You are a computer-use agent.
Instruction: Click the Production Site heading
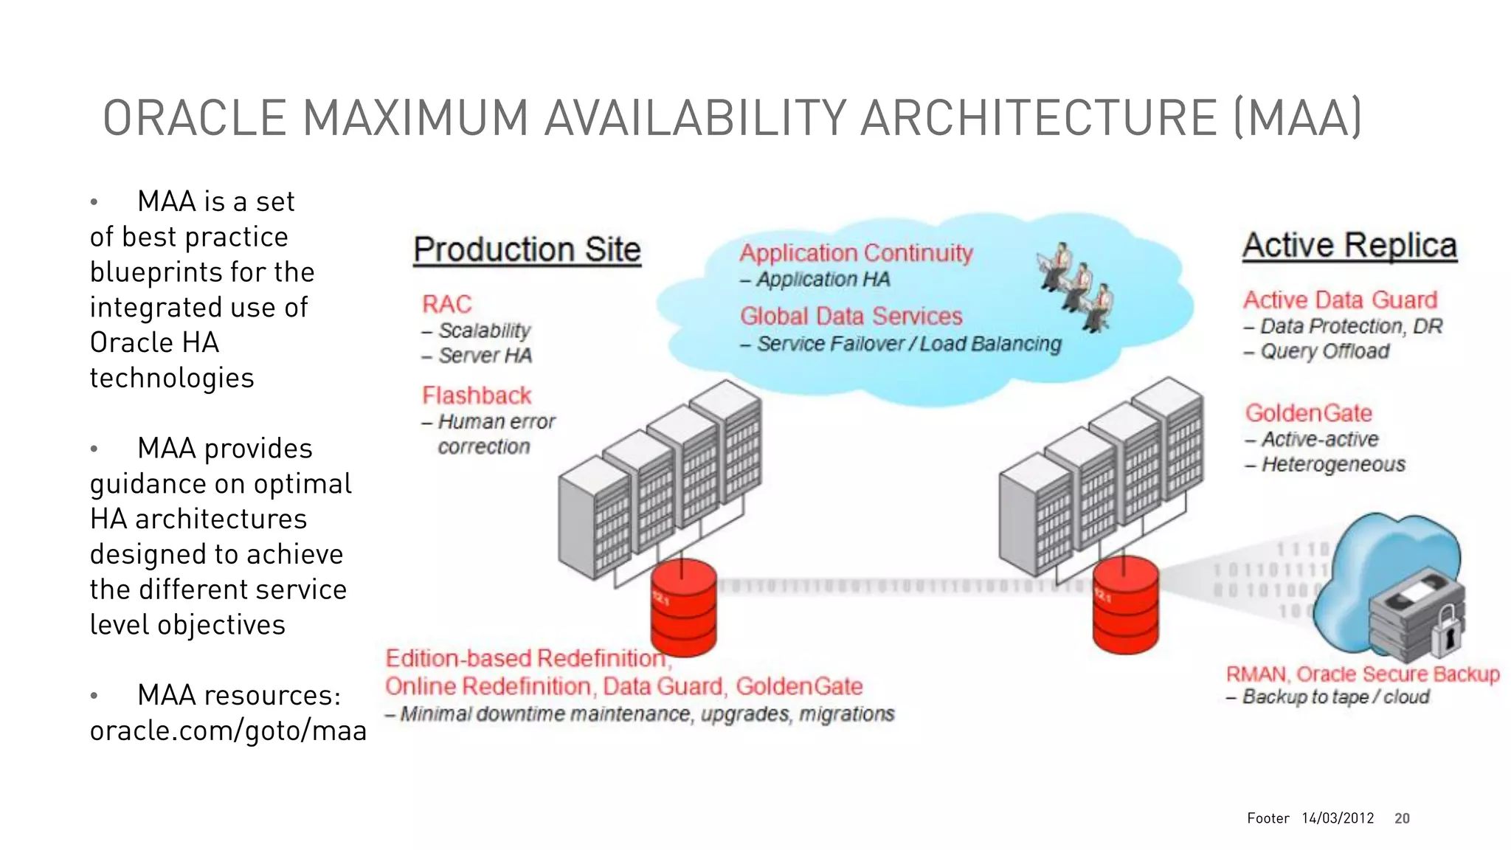[527, 250]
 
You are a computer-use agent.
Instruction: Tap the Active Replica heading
[1349, 246]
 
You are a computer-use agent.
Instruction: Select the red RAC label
[446, 304]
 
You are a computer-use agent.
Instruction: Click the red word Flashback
[477, 395]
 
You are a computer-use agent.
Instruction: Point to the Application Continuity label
[856, 253]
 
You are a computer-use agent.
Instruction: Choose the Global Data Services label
[851, 317]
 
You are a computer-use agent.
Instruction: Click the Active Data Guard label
[1340, 300]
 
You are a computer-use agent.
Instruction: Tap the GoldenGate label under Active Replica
[1308, 413]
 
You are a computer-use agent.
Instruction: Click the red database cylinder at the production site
[683, 608]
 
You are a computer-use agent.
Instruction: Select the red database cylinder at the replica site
[1125, 605]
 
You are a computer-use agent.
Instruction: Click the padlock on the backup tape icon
[1447, 631]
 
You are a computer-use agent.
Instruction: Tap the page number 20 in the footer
[1402, 818]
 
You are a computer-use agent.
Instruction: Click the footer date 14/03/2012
[1338, 818]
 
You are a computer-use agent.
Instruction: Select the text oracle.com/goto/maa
[228, 730]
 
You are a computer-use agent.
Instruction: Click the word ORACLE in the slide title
[194, 118]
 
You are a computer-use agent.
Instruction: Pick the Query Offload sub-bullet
[1324, 351]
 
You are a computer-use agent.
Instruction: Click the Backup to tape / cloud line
[1335, 697]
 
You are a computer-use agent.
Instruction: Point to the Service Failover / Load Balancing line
[908, 345]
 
